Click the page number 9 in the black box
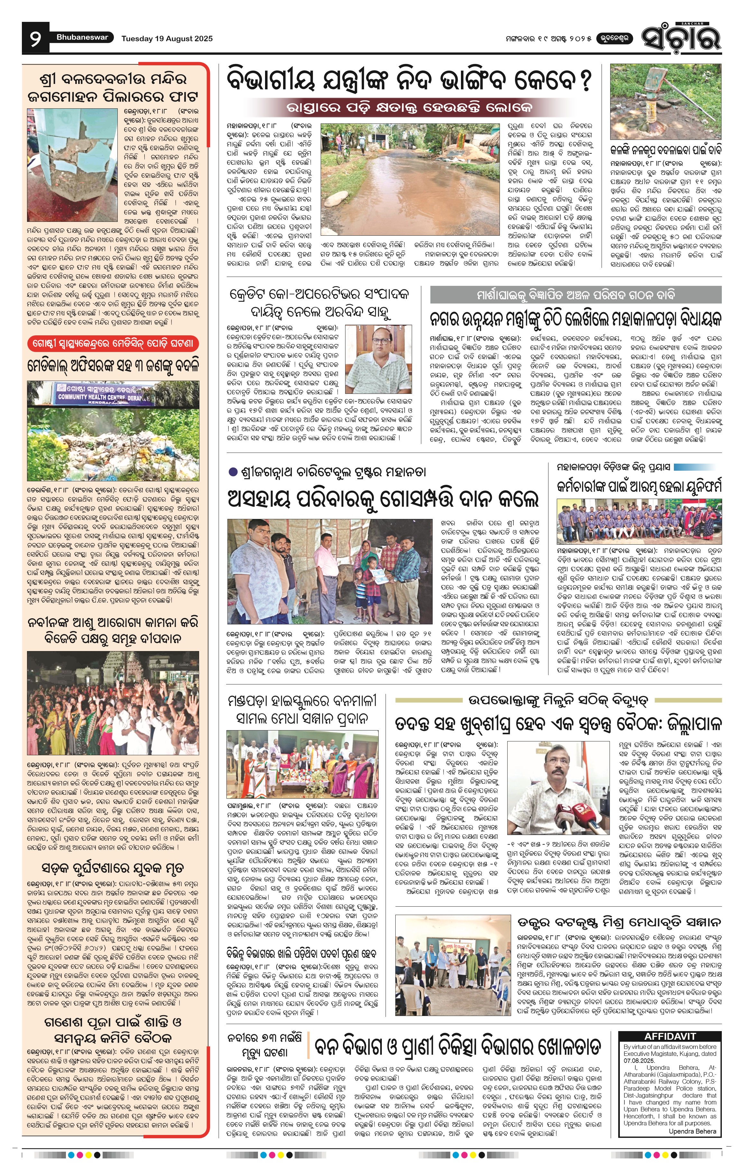(35, 38)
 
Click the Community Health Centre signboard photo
(113, 431)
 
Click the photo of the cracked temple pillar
(72, 165)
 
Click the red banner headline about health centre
(113, 343)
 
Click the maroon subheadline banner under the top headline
(410, 107)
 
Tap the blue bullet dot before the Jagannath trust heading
(233, 471)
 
